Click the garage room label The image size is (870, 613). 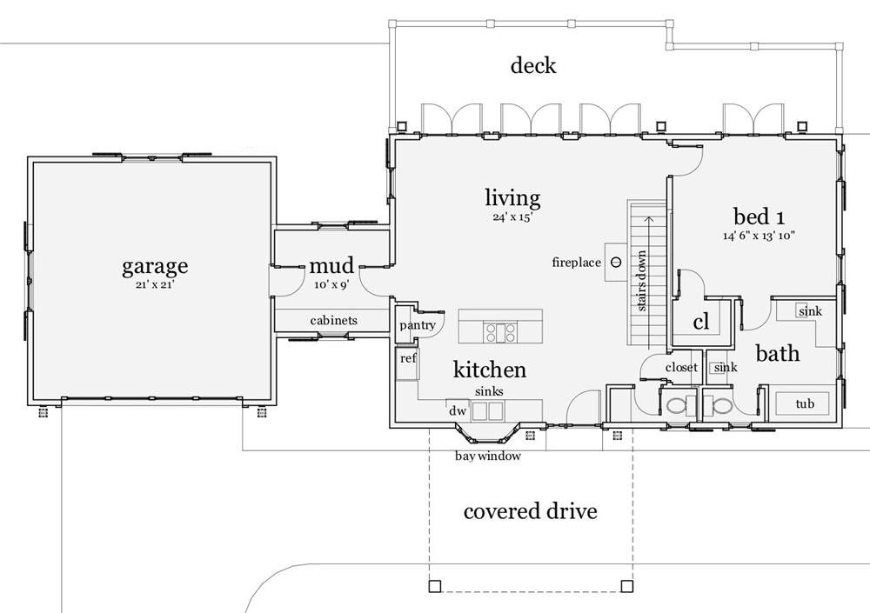click(155, 265)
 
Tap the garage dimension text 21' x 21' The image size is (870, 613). click(155, 283)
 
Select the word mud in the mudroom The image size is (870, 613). click(331, 265)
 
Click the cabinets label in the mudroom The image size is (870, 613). click(333, 321)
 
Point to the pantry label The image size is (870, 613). click(417, 325)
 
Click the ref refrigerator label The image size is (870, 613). click(407, 358)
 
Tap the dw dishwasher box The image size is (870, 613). click(456, 411)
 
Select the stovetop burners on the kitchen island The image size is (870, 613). click(500, 331)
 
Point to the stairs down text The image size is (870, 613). click(641, 281)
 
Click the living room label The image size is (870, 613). click(512, 198)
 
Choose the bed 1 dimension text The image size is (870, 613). click(760, 236)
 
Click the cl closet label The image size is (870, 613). click(701, 322)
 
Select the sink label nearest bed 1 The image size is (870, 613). click(809, 311)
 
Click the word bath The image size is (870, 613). click(777, 354)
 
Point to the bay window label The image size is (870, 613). click(488, 456)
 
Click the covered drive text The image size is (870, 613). click(530, 510)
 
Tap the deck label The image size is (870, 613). click(533, 65)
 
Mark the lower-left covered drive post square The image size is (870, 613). click(435, 585)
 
